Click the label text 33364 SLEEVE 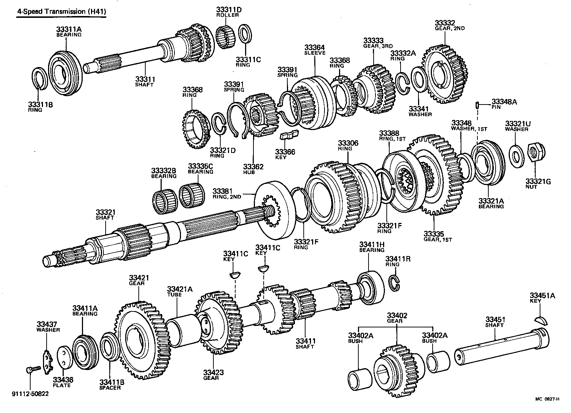315,50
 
